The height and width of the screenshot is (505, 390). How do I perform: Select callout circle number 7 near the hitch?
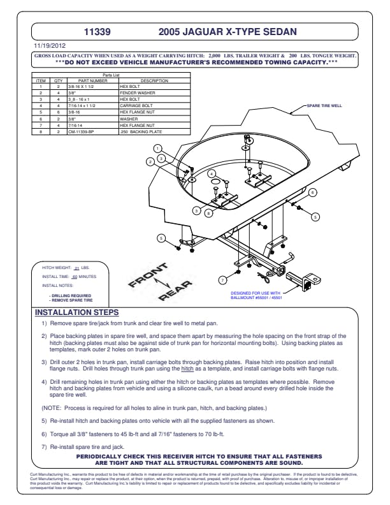click(222, 279)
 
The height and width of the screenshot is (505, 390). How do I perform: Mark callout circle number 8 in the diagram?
click(210, 213)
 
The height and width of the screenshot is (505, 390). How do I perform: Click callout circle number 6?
click(312, 192)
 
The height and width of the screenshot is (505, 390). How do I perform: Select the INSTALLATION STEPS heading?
click(76, 312)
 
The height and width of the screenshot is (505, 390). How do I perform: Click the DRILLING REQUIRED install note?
click(68, 295)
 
